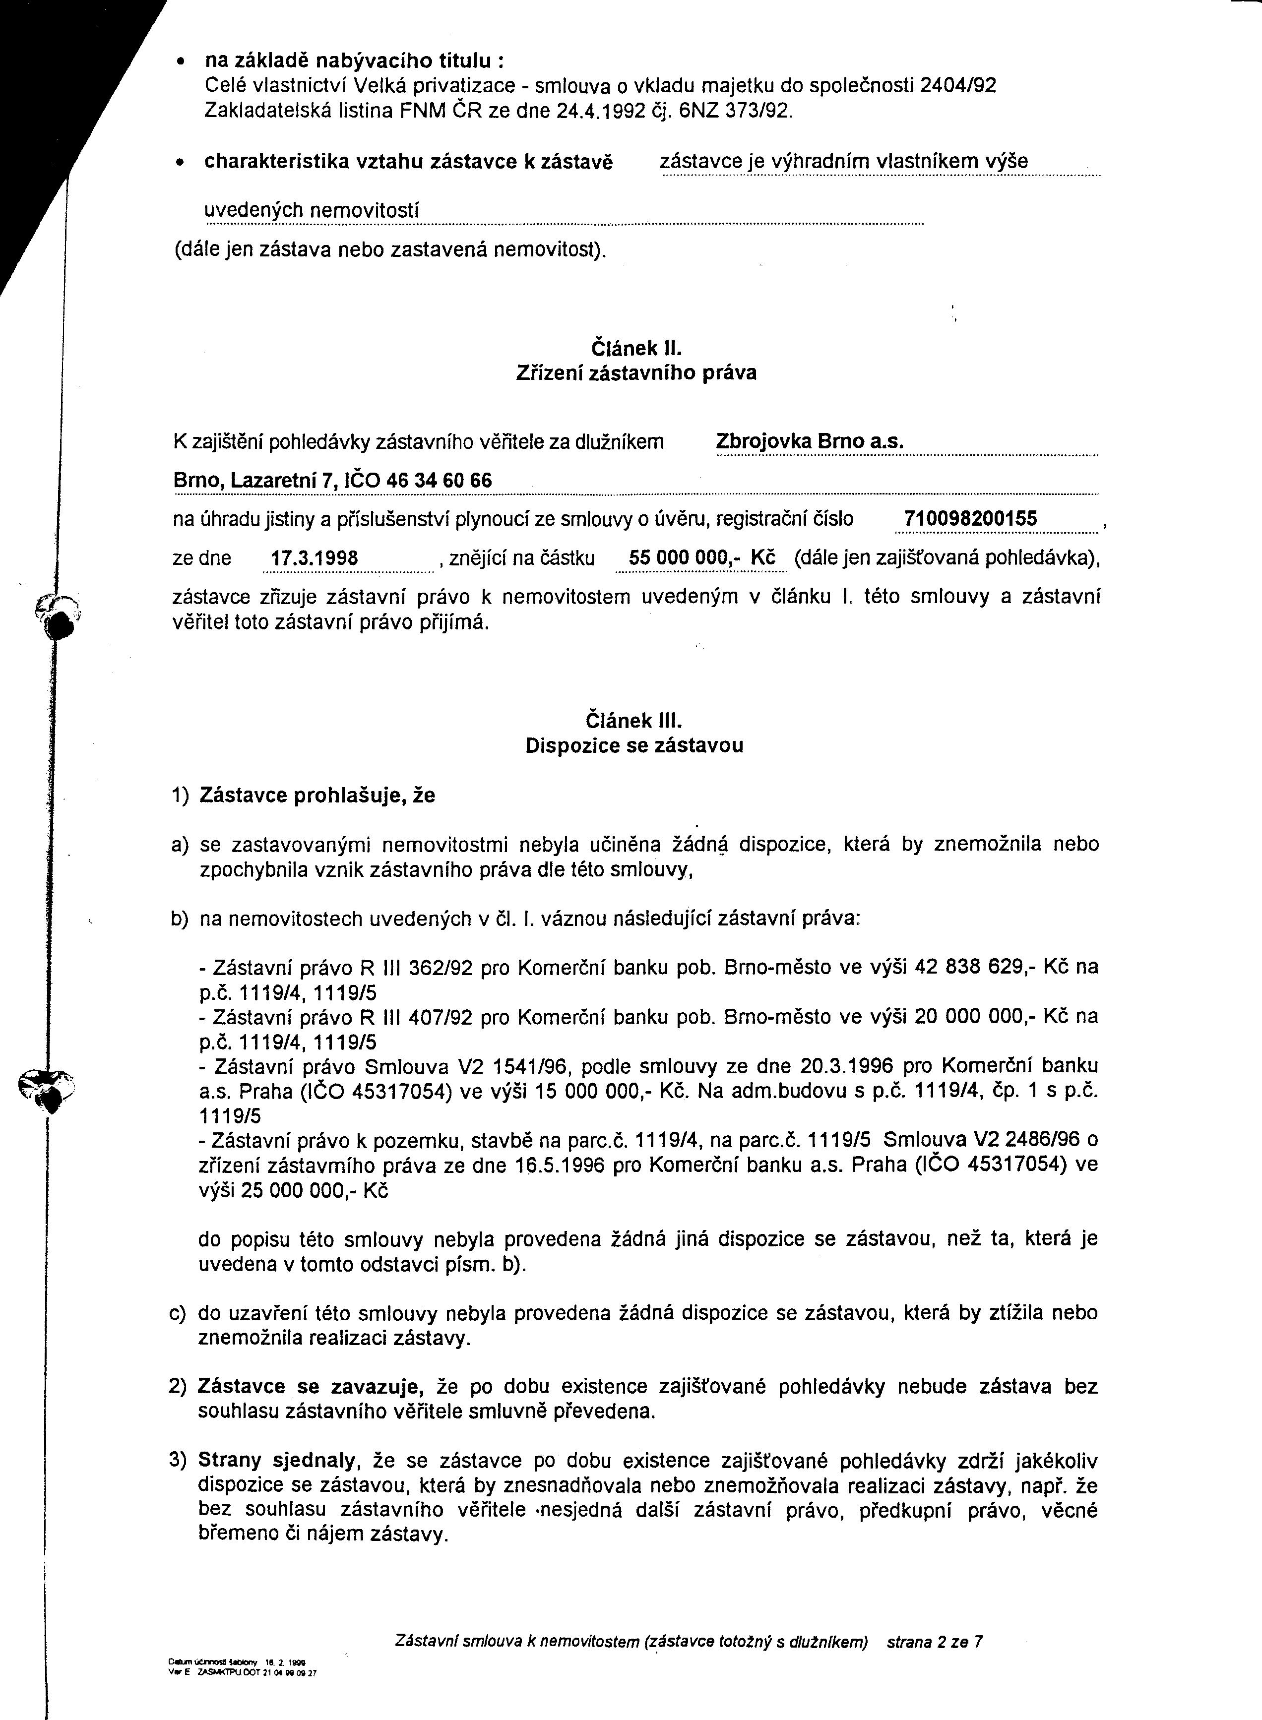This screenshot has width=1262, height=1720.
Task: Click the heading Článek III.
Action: coord(633,720)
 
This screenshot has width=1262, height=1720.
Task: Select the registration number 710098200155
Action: coord(970,519)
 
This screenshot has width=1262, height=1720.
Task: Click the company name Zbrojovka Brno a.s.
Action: coord(810,442)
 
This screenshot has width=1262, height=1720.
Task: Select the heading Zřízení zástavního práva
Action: coord(635,373)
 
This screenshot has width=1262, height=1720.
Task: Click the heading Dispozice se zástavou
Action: coord(634,745)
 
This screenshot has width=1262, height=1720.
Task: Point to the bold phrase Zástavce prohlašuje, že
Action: coord(317,796)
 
